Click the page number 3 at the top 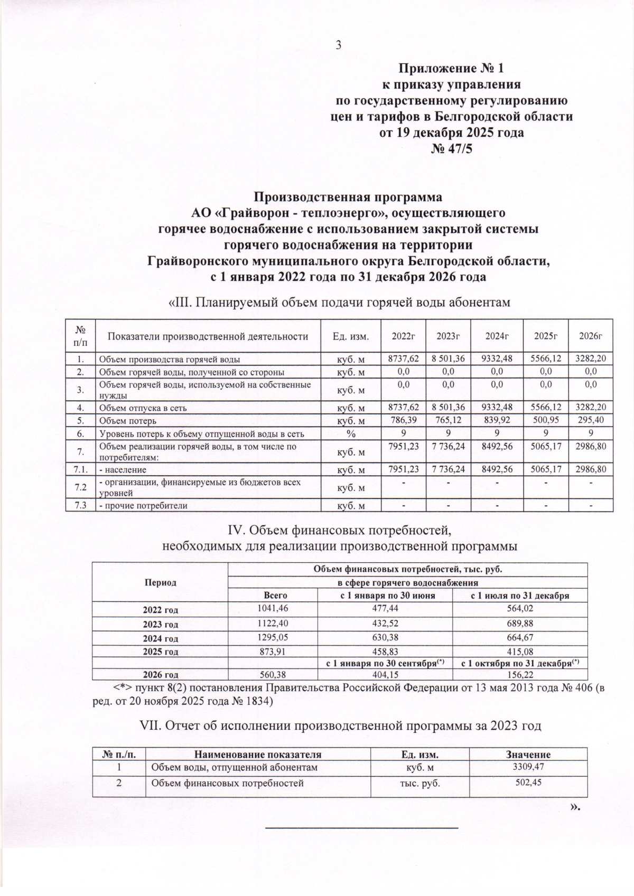pyautogui.click(x=339, y=45)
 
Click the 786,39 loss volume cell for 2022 pyautogui.click(x=404, y=421)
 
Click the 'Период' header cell pyautogui.click(x=160, y=582)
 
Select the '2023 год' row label pyautogui.click(x=160, y=624)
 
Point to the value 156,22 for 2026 pyautogui.click(x=520, y=674)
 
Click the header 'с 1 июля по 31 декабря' pyautogui.click(x=520, y=595)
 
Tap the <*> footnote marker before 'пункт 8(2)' pyautogui.click(x=124, y=688)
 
